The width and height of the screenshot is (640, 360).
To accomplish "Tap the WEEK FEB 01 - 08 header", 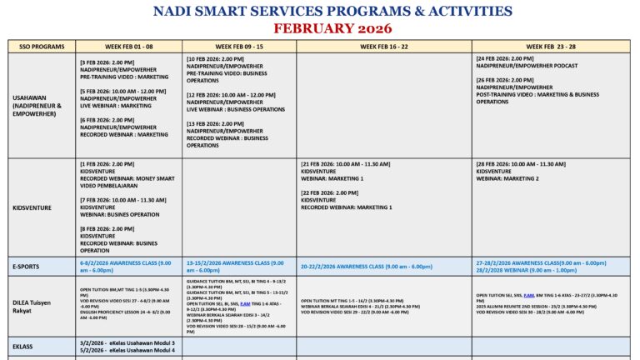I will pyautogui.click(x=128, y=47).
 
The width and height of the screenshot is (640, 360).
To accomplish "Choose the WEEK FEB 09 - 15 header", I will pyautogui.click(x=239, y=47).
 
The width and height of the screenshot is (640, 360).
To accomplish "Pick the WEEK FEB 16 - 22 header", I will pyautogui.click(x=383, y=47).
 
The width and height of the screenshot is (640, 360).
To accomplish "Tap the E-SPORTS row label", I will pyautogui.click(x=27, y=267).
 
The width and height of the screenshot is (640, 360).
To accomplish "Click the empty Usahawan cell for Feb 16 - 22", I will pyautogui.click(x=383, y=104).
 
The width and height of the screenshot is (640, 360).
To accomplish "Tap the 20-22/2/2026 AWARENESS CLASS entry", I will pyautogui.click(x=367, y=267).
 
